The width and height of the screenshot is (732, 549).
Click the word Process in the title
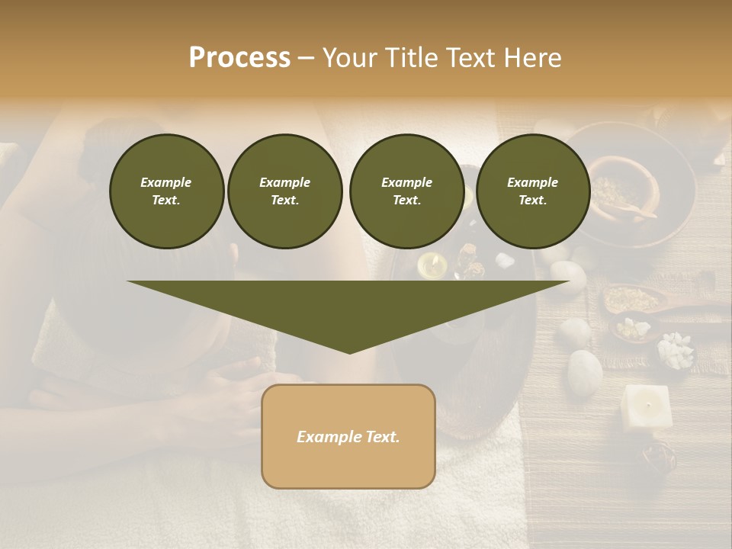(x=239, y=58)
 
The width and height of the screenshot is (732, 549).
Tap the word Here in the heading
(x=533, y=58)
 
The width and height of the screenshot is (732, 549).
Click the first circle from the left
(x=166, y=191)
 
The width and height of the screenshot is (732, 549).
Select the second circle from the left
(x=284, y=191)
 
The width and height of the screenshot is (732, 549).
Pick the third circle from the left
(x=406, y=191)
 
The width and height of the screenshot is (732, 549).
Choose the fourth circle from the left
(x=532, y=191)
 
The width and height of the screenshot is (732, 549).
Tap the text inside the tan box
(x=348, y=437)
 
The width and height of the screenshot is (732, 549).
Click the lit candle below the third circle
(x=432, y=265)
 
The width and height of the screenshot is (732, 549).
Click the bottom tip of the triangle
(x=349, y=352)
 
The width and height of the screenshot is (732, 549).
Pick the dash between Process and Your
(x=306, y=59)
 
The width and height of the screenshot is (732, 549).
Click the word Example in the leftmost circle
(x=166, y=182)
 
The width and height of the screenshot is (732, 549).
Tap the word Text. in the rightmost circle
(x=532, y=200)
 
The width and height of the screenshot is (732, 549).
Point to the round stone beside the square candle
(x=585, y=371)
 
